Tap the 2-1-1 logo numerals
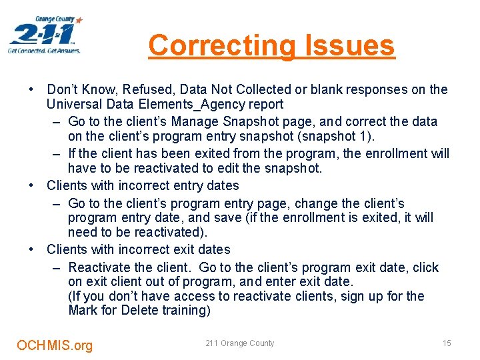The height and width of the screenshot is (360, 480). pos(41,33)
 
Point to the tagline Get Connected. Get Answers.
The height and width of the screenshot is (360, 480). pos(44,51)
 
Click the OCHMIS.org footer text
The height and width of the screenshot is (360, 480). pos(55,345)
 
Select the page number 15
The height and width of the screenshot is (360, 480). pos(447,343)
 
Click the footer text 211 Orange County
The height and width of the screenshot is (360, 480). pos(239,343)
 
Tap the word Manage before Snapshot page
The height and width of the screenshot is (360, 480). pos(192,121)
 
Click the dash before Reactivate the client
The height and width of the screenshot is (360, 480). pos(56,267)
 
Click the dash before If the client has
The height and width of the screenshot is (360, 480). pos(56,154)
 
